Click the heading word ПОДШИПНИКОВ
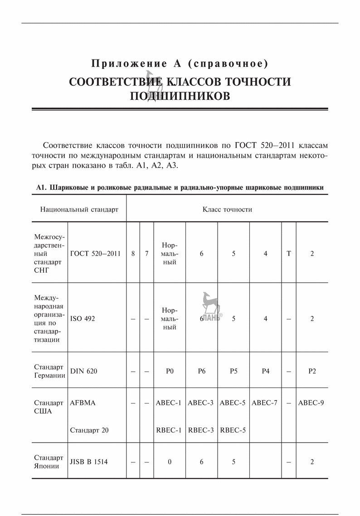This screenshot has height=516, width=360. click(180, 96)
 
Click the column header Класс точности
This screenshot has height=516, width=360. click(227, 209)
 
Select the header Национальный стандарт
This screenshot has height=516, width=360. click(79, 209)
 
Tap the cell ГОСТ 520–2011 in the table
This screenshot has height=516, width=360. click(95, 254)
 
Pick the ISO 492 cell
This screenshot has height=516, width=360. click(83, 319)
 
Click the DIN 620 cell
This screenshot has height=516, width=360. click(84, 371)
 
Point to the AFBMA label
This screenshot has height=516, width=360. click(83, 403)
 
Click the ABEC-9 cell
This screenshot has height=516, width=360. click(311, 403)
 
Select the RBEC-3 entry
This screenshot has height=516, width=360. click(201, 430)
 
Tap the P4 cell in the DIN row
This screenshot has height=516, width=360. click(266, 371)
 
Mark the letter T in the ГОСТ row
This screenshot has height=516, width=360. click(288, 254)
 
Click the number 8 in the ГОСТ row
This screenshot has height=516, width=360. click(133, 254)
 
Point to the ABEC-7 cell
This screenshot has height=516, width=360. click(265, 403)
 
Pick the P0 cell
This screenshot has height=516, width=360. click(170, 371)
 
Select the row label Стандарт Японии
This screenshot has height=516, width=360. click(49, 462)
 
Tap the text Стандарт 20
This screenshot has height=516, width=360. click(89, 430)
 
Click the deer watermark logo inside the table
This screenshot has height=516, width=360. click(211, 305)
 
